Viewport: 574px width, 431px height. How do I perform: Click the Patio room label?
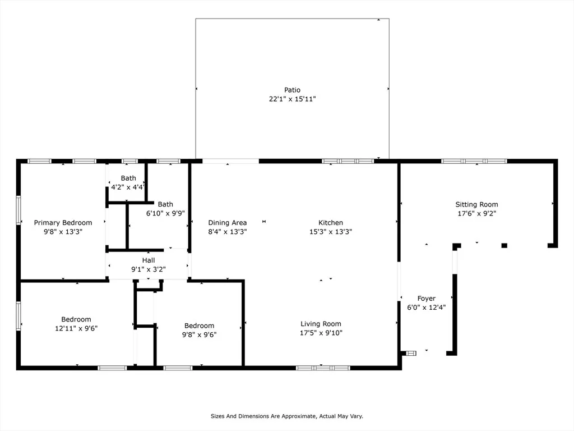tap(292, 90)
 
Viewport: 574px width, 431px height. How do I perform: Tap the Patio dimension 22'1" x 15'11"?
tap(292, 99)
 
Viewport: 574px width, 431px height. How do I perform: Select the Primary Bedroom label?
tap(63, 223)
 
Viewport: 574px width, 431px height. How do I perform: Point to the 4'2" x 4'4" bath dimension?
tap(128, 187)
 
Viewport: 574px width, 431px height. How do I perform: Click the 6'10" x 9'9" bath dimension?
tap(165, 213)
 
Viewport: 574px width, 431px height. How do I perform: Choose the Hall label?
tap(148, 260)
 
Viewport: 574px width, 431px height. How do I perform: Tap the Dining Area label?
tap(228, 223)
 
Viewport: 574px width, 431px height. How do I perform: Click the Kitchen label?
tap(331, 222)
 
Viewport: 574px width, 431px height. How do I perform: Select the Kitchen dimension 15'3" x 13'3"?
tap(331, 232)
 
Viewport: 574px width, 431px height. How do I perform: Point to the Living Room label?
tap(321, 324)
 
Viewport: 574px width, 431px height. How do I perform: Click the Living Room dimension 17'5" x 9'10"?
tap(321, 333)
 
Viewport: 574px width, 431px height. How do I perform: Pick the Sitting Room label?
tap(476, 204)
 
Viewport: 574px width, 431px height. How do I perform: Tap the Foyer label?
tap(427, 299)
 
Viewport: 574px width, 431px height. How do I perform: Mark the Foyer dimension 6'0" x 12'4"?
tap(427, 308)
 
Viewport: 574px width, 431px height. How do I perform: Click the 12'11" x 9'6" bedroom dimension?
tap(76, 328)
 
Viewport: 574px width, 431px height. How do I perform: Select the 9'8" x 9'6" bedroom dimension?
tap(199, 334)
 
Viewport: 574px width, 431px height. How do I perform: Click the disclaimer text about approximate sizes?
tap(287, 416)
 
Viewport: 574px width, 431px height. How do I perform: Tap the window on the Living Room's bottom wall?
tap(323, 368)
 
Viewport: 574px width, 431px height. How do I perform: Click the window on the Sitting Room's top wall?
tap(474, 161)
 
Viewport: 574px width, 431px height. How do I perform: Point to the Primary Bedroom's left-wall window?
tap(18, 210)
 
